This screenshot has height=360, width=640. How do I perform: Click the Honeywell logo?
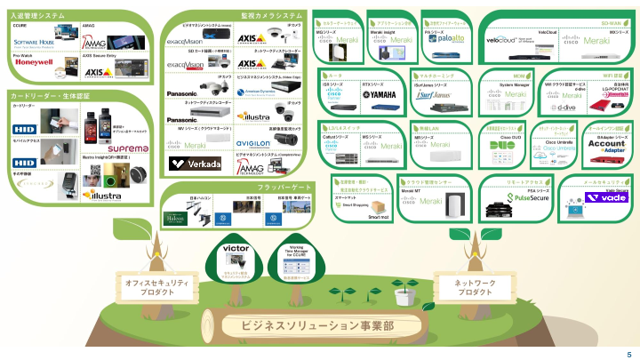pos(33,64)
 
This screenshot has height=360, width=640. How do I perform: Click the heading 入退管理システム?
pos(40,15)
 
